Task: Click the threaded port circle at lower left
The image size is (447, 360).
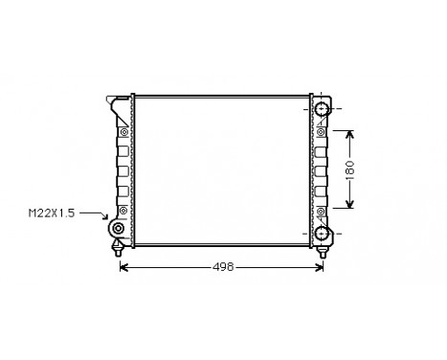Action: pos(117,230)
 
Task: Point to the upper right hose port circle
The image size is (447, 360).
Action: pos(323,111)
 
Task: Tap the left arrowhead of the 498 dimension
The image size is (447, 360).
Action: pos(122,267)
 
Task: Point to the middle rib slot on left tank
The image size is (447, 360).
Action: pos(123,171)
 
